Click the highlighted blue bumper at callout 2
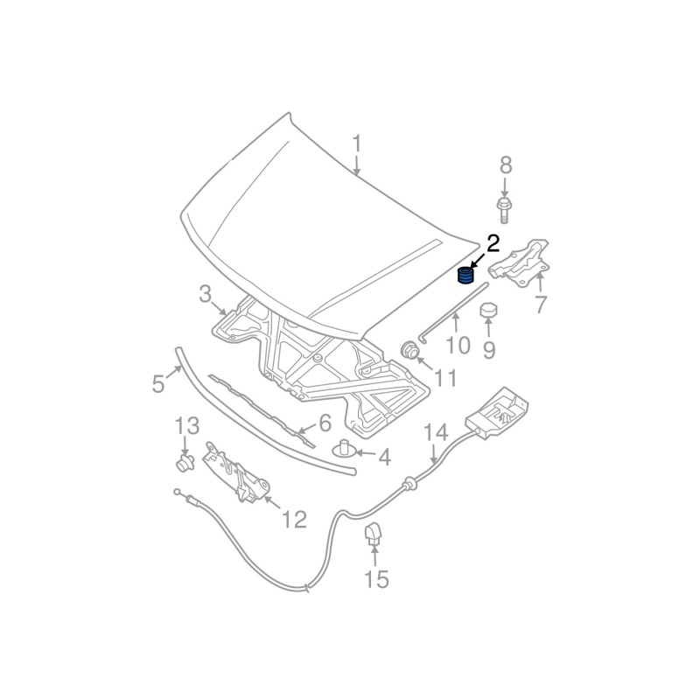pos(465,276)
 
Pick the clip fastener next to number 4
pos(345,449)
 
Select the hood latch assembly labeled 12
pos(235,473)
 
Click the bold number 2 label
pos(493,243)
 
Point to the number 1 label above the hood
pos(357,143)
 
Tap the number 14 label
pos(436,433)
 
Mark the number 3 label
pos(205,294)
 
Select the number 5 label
pos(158,383)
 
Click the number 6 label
pos(324,424)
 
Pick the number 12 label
pos(294,520)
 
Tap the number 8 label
pos(505,164)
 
